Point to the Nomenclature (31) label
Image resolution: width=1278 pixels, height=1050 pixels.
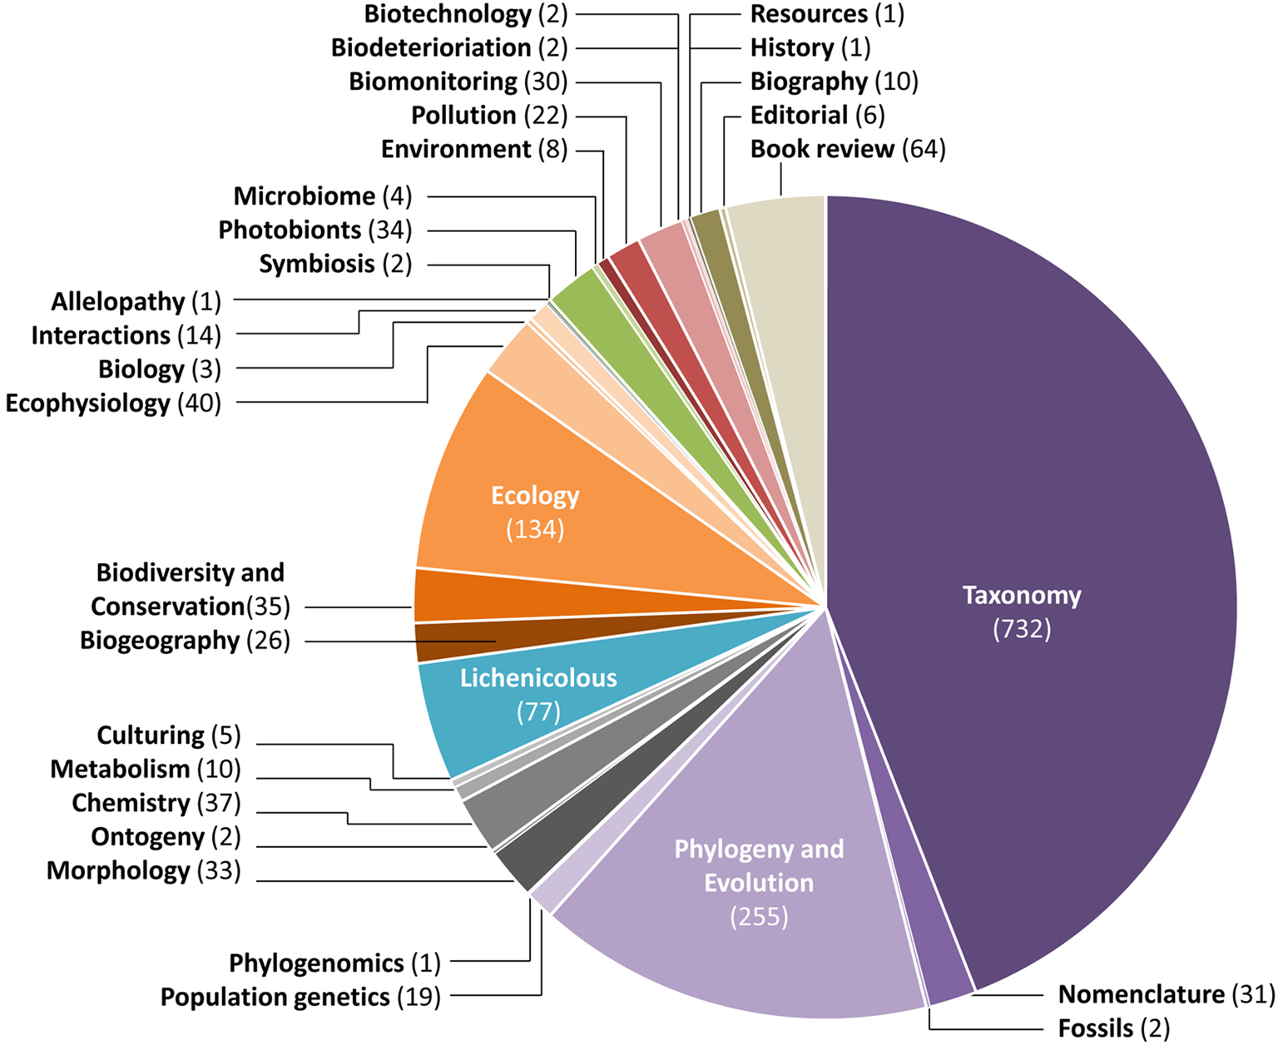[1166, 994]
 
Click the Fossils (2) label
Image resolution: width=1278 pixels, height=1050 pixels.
[1113, 1028]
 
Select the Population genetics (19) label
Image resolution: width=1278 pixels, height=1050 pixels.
[300, 997]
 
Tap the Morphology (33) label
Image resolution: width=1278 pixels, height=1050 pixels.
[143, 870]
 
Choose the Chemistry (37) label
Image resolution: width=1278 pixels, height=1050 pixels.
[156, 803]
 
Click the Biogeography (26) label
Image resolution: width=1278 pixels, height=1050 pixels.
[185, 641]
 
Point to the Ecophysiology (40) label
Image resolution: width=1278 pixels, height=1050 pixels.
[113, 403]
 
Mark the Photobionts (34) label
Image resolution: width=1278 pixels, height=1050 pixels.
[315, 230]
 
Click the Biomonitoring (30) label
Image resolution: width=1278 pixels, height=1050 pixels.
[458, 82]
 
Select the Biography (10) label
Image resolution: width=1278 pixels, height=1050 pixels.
[834, 82]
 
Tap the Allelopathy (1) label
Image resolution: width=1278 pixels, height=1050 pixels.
[136, 301]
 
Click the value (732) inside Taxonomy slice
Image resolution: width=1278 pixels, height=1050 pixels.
[1022, 629]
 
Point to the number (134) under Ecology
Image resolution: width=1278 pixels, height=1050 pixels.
[535, 529]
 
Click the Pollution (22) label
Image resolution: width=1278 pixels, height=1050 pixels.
[488, 116]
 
